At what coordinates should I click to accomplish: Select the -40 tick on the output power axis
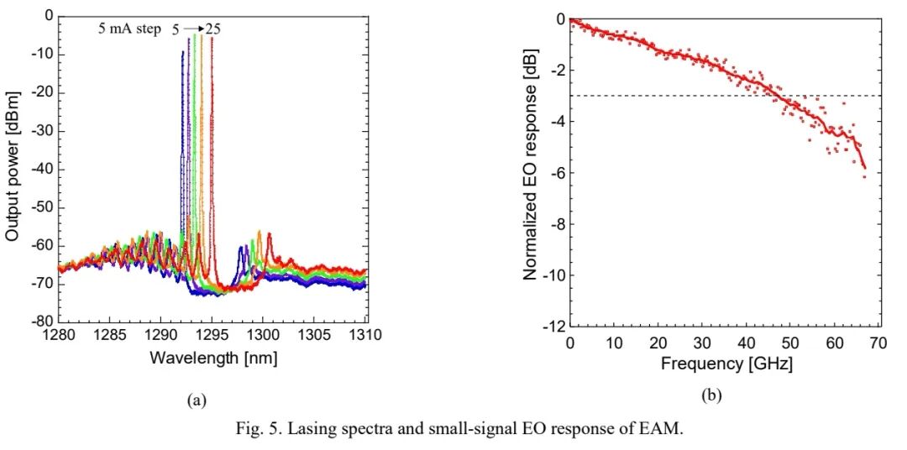pyautogui.click(x=43, y=169)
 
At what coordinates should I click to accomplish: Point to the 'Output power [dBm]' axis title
pyautogui.click(x=13, y=169)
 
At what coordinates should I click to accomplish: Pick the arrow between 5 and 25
pyautogui.click(x=195, y=29)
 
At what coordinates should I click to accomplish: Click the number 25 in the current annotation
pyautogui.click(x=213, y=29)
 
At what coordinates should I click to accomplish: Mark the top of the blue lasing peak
pyautogui.click(x=182, y=52)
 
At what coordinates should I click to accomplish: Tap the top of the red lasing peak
pyautogui.click(x=212, y=38)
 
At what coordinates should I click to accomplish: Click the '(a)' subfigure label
pyautogui.click(x=195, y=401)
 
